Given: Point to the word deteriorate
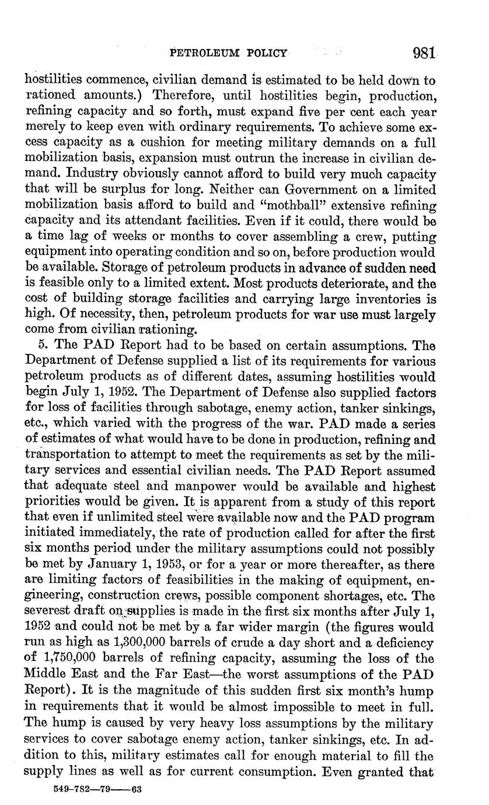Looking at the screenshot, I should coord(346,284).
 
